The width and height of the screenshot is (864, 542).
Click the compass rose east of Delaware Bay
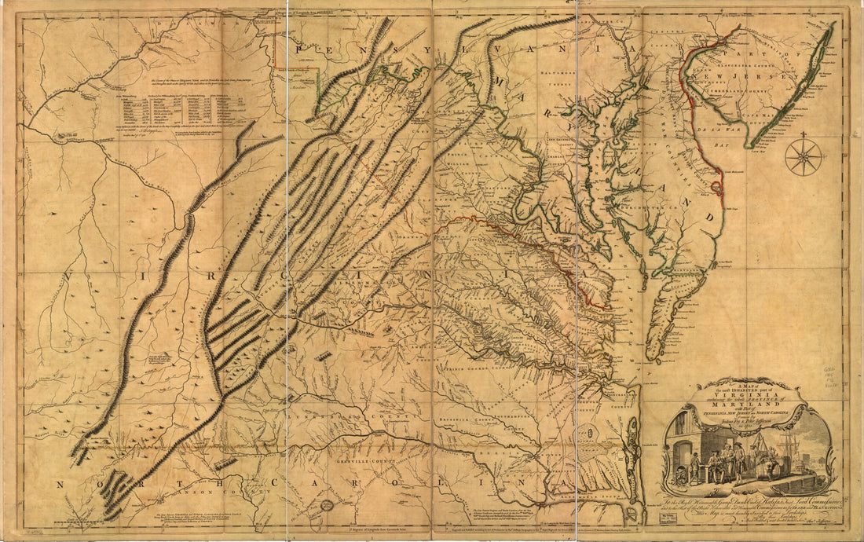point(803,156)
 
